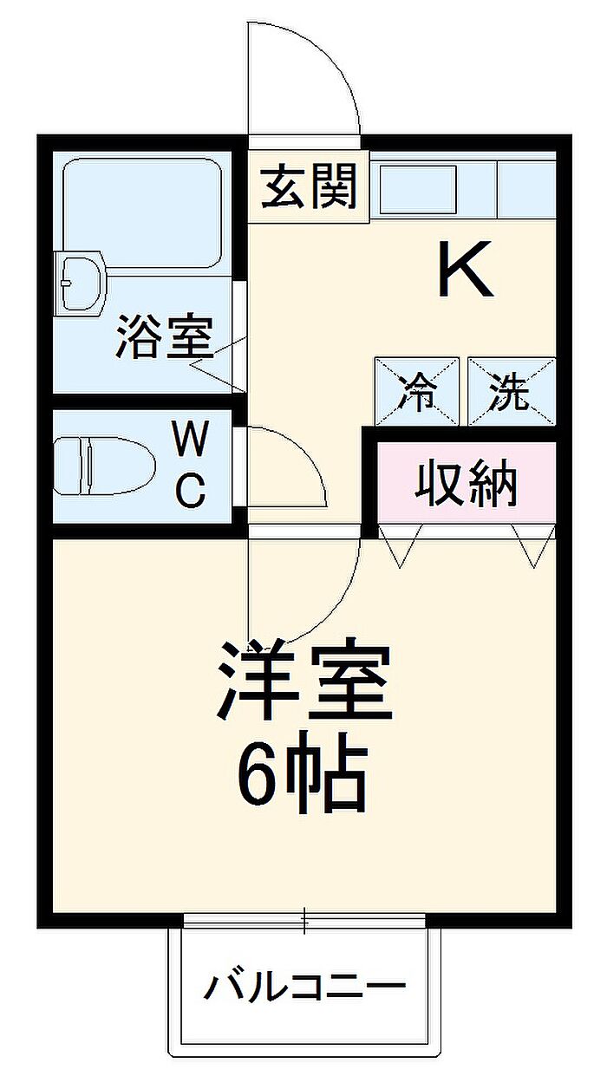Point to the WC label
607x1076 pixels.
click(x=190, y=466)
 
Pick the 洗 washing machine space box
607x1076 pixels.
click(x=511, y=392)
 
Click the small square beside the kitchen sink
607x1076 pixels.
click(x=525, y=188)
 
